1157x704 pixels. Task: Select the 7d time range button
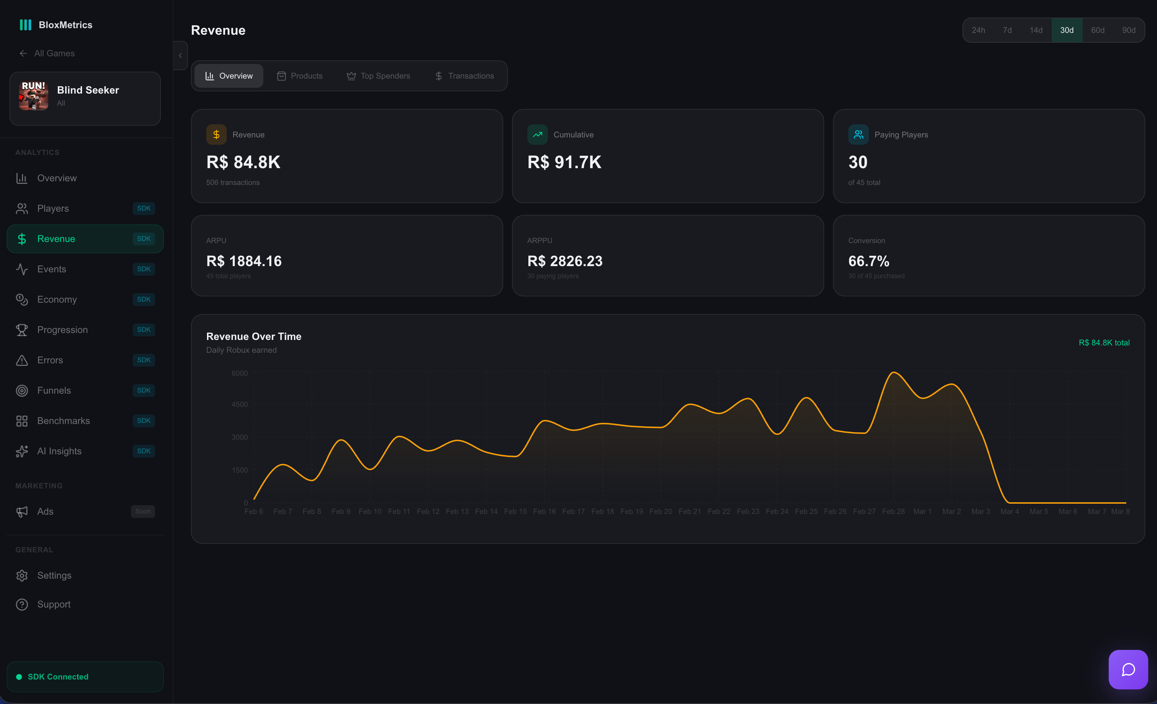click(1007, 30)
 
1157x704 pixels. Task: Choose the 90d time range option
click(1128, 30)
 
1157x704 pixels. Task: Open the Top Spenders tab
click(378, 76)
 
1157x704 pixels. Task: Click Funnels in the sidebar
click(54, 390)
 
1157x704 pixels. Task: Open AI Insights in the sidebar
click(59, 451)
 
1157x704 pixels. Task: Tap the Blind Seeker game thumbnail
click(33, 96)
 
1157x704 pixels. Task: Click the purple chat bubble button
click(1128, 669)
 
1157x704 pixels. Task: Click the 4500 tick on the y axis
click(240, 405)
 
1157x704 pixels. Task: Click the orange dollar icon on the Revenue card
click(216, 135)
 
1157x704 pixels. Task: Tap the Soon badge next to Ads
click(143, 512)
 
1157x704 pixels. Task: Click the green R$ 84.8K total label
click(1104, 342)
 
